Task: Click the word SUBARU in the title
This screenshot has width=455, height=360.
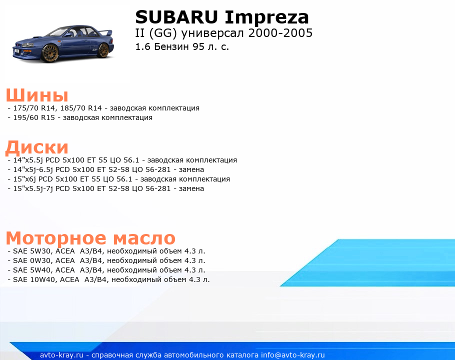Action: pos(176,17)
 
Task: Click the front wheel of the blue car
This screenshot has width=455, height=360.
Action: pos(50,53)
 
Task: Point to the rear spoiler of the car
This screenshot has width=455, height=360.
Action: pos(106,32)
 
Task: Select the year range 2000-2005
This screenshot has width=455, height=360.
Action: pos(280,33)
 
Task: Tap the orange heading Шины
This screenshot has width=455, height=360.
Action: pos(37,95)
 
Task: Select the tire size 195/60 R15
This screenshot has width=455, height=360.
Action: pos(34,118)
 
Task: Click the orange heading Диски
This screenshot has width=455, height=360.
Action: pos(37,147)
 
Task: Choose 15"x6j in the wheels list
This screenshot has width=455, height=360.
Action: pos(24,179)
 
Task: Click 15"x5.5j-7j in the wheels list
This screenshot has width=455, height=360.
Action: pos(33,189)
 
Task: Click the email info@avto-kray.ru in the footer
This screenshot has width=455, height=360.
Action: pos(293,355)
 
